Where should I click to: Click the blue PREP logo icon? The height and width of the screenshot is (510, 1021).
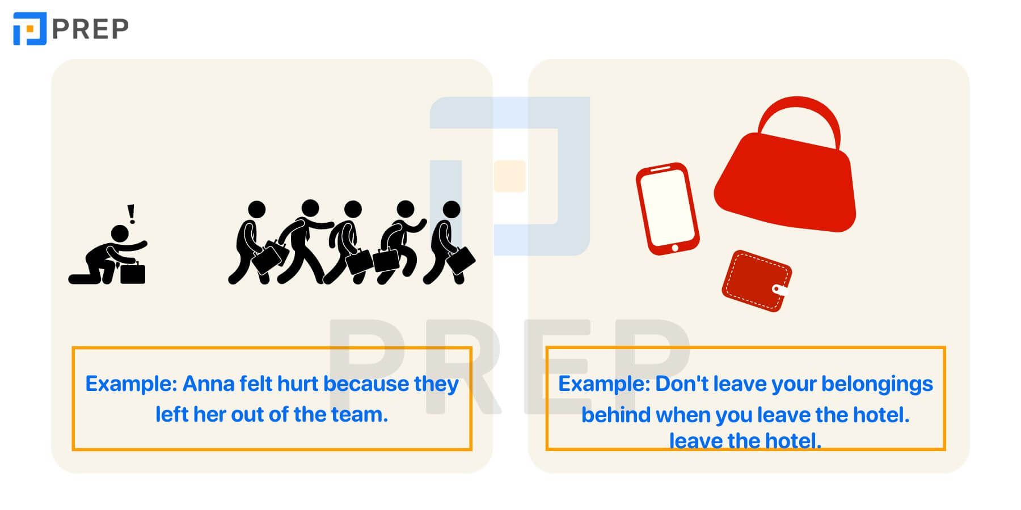coord(29,28)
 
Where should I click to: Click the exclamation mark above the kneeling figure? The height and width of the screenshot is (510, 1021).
coord(132,214)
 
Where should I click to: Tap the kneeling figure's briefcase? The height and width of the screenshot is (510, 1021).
coord(133,273)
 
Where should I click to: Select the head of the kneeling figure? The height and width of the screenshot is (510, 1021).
coord(120,233)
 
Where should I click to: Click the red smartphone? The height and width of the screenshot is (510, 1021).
coord(667,209)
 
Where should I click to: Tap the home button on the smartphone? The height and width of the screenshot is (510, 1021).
coord(675,248)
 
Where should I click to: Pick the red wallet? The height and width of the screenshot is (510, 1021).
coord(757,280)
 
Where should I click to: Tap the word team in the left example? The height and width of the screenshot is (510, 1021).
coord(360,415)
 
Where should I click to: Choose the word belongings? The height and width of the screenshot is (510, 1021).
coord(877,385)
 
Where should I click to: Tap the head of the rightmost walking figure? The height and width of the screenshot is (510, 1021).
coord(452,209)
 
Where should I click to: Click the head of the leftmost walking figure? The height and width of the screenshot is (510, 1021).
coord(257,209)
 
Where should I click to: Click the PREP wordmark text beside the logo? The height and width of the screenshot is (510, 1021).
coord(90,29)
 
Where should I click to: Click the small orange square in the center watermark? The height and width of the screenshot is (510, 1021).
coord(510,176)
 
